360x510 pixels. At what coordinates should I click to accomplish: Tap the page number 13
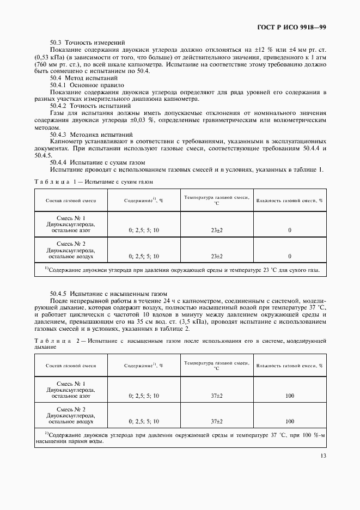coord(323,456)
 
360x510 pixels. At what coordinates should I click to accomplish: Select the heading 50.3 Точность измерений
coord(88,42)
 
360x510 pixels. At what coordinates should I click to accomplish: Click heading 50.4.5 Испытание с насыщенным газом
coord(108,293)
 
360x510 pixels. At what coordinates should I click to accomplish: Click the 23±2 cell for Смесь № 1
coord(216,230)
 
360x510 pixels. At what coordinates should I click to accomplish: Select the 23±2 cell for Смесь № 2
coord(216,256)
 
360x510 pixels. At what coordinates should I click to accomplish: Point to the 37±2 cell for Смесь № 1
coord(216,396)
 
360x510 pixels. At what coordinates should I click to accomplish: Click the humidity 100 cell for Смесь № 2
coord(289,421)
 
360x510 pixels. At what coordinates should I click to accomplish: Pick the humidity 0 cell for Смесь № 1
coord(289,230)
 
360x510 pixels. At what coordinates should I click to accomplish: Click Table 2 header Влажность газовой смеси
coord(289,366)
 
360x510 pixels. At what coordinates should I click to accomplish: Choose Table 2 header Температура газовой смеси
coord(216,366)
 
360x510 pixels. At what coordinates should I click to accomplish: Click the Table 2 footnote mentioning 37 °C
coord(180,438)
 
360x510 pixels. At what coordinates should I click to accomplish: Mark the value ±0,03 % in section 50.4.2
coord(141,120)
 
